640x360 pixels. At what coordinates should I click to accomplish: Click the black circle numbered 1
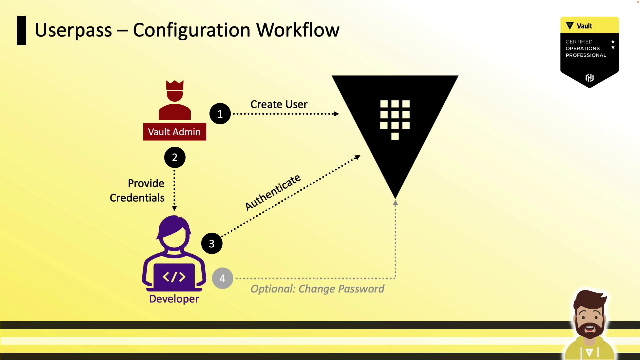click(x=220, y=114)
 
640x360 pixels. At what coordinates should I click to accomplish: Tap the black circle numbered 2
click(x=175, y=157)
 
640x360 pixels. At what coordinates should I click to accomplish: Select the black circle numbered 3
click(x=212, y=244)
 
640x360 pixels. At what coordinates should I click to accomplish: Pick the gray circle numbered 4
click(x=222, y=278)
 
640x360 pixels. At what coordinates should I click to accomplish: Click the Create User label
click(x=279, y=104)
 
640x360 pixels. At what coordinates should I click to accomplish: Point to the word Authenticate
click(x=273, y=193)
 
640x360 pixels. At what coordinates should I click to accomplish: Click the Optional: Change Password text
click(x=317, y=289)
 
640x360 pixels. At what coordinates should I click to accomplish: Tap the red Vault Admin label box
click(x=174, y=132)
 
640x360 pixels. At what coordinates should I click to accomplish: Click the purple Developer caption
click(x=174, y=299)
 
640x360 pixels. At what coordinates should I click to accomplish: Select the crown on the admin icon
click(x=175, y=85)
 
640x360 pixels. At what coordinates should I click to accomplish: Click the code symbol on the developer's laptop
click(x=174, y=277)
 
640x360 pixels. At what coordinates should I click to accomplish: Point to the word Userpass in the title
click(x=73, y=30)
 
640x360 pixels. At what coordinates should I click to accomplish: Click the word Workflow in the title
click(x=298, y=30)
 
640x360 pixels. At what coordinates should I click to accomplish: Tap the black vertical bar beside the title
click(x=21, y=30)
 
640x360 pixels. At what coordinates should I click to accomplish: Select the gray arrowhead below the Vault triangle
click(x=395, y=202)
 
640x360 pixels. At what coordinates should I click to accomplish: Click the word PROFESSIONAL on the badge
click(x=586, y=55)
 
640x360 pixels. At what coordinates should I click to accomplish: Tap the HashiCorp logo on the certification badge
click(x=589, y=78)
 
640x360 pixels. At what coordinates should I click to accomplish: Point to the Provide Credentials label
click(x=137, y=190)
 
